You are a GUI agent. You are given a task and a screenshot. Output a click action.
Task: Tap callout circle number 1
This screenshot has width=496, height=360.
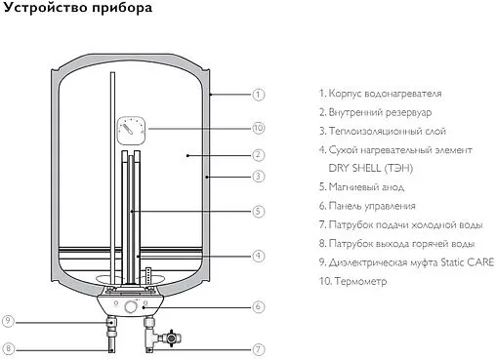pyautogui.click(x=259, y=95)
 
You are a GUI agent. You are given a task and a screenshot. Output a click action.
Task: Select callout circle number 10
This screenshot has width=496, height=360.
pyautogui.click(x=259, y=128)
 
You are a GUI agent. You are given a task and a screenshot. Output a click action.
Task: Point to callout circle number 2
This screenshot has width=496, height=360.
pyautogui.click(x=259, y=154)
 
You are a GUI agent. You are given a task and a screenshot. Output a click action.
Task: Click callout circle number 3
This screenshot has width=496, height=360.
pyautogui.click(x=259, y=177)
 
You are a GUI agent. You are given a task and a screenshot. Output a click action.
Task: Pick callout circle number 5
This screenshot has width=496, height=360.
pyautogui.click(x=259, y=210)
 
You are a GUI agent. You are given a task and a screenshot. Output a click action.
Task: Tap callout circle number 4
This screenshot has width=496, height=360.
pyautogui.click(x=259, y=256)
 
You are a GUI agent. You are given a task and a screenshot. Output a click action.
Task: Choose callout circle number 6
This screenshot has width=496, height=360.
pyautogui.click(x=259, y=306)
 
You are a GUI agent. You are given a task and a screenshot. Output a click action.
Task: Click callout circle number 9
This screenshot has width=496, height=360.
pyautogui.click(x=9, y=321)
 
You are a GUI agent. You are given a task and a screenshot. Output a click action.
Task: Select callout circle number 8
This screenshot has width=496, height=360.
pyautogui.click(x=9, y=348)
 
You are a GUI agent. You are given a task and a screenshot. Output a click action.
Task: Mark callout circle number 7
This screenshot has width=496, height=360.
pyautogui.click(x=259, y=348)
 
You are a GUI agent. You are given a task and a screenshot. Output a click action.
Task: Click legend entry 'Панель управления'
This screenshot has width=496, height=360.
pyautogui.click(x=375, y=206)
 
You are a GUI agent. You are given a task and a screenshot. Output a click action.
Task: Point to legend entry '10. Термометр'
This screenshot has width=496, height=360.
pyautogui.click(x=352, y=281)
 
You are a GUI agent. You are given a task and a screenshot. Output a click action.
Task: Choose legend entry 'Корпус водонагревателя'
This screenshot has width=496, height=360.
pyautogui.click(x=388, y=94)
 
